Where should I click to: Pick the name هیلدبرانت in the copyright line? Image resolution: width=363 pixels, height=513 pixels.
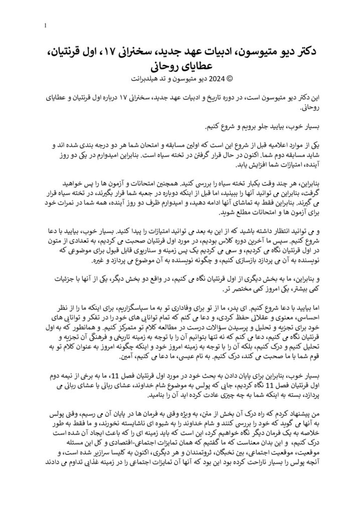[x=144, y=78]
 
